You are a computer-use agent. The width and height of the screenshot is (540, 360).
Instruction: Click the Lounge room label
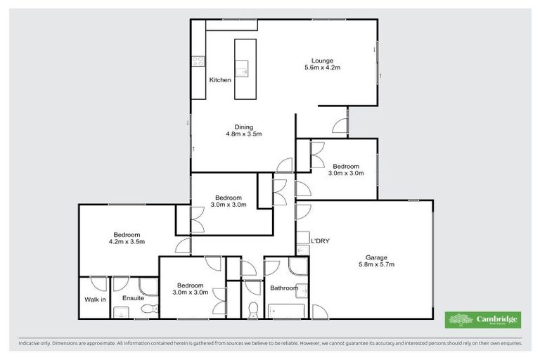tap(323, 60)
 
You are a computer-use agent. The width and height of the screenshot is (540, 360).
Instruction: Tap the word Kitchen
tap(220, 80)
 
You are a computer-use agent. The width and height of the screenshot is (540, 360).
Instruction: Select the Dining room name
tap(243, 127)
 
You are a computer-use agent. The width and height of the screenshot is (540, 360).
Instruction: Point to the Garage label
tap(376, 257)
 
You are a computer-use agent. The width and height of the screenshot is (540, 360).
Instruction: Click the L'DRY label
tap(320, 241)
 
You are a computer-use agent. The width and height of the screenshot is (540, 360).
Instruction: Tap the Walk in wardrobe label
tap(95, 300)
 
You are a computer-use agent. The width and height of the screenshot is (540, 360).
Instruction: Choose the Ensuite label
tap(133, 299)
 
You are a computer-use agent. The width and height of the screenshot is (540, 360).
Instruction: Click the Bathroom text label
tap(284, 288)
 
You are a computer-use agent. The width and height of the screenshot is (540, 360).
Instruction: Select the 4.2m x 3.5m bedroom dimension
tap(127, 242)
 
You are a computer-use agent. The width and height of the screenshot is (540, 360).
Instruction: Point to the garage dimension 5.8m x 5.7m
tap(376, 265)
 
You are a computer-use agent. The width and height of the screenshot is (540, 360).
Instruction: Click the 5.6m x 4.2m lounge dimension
tap(323, 68)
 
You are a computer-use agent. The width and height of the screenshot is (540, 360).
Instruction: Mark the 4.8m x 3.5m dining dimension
tap(243, 134)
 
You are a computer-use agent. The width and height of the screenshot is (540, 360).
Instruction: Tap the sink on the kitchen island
tap(243, 69)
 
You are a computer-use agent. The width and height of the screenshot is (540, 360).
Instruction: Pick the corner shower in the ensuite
tap(148, 285)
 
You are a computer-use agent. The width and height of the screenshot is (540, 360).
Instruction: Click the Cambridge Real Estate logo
tap(483, 320)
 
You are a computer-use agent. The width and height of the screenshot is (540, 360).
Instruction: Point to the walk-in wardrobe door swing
tap(99, 284)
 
